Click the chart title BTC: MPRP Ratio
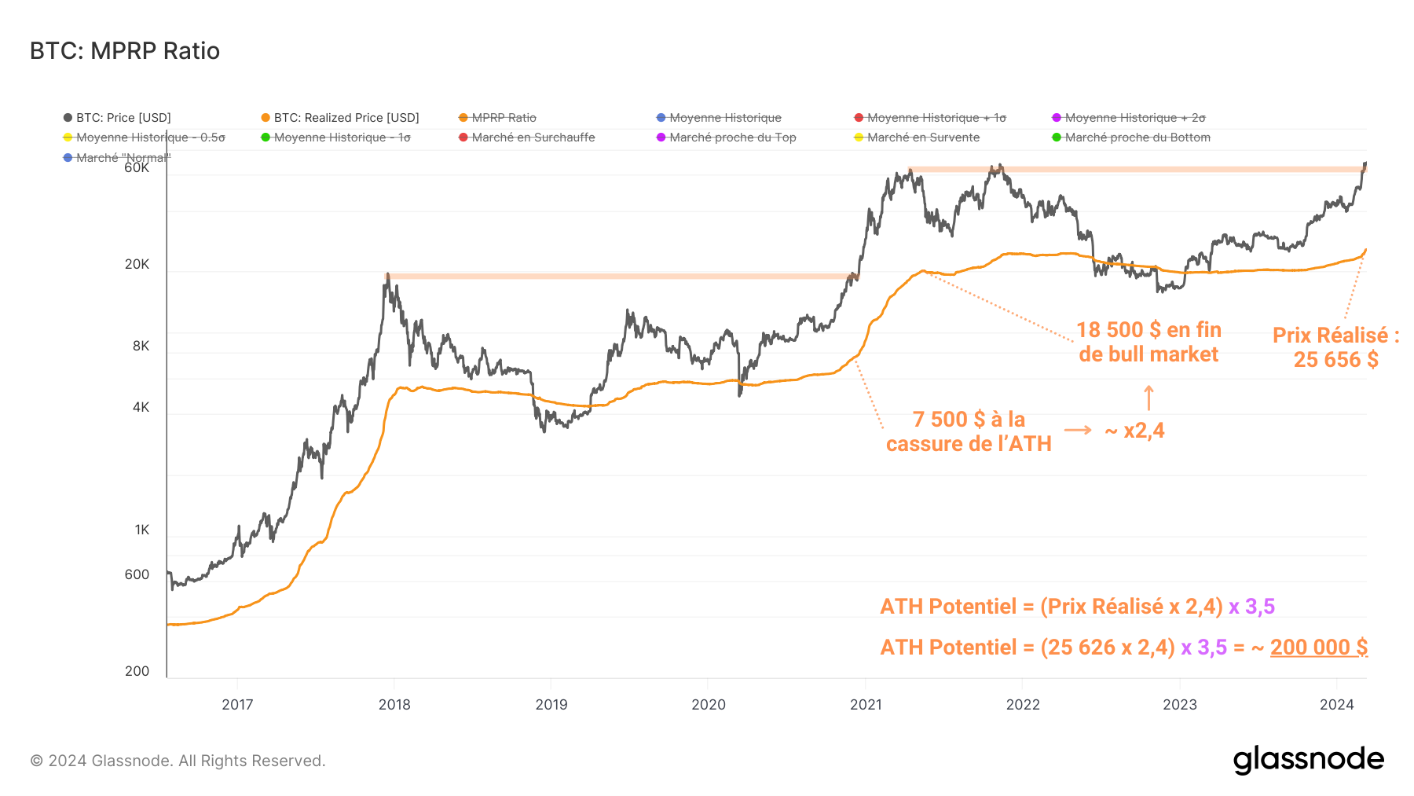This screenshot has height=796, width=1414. coord(125,51)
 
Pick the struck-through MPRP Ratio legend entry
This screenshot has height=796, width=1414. coord(504,118)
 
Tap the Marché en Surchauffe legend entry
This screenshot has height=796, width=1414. coord(533,138)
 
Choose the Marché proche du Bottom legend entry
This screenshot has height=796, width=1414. coord(1137,138)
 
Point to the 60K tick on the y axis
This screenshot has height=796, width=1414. coord(137,168)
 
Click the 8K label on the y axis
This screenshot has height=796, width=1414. coord(141,347)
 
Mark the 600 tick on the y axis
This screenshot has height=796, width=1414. coord(137,575)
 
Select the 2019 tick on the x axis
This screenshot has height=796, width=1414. coord(551,705)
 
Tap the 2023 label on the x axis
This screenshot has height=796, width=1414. coord(1180,705)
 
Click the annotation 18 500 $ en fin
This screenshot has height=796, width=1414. coord(1148,330)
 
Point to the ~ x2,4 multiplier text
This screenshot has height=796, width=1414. coord(1135,431)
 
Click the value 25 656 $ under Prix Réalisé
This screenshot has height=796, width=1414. coord(1335,360)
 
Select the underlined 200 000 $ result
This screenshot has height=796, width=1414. coord(1319,647)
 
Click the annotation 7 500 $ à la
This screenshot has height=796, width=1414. coord(969,420)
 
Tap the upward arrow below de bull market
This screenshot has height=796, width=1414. coord(1148,398)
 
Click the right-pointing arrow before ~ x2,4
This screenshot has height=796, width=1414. coord(1078,430)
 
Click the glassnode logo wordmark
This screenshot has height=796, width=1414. coord(1308,760)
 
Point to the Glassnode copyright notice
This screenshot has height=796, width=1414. coord(178,761)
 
